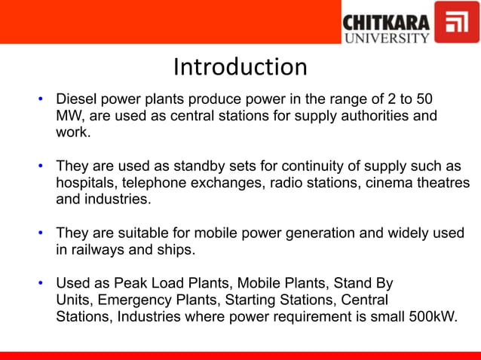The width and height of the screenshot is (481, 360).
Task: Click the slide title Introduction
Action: (x=240, y=68)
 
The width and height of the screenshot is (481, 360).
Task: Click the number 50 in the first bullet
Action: (x=424, y=100)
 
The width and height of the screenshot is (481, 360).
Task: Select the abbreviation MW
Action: (x=69, y=117)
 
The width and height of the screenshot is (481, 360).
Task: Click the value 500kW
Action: (x=430, y=317)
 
